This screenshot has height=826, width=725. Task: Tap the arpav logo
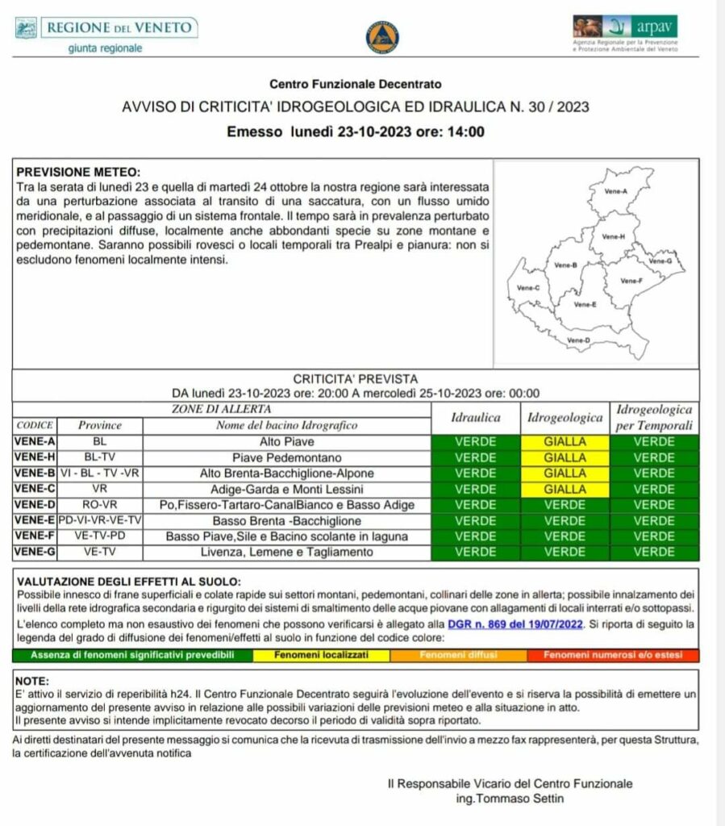click(625, 33)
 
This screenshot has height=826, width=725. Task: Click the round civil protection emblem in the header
click(382, 37)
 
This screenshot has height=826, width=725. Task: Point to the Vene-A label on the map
click(616, 190)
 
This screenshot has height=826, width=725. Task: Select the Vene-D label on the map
click(578, 340)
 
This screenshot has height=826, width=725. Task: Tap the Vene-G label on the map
click(660, 261)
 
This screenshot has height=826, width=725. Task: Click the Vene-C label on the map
click(528, 287)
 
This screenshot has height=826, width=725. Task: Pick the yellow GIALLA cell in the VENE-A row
click(565, 442)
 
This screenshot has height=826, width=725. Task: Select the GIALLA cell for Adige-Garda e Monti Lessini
click(565, 489)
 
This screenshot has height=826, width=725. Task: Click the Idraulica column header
click(476, 418)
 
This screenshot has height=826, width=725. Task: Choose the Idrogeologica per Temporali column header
click(654, 417)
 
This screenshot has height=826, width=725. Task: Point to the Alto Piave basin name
click(286, 442)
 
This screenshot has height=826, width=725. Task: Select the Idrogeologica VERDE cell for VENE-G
click(565, 553)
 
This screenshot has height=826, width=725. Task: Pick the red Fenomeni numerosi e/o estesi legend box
click(613, 655)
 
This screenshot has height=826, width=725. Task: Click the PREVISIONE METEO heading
click(78, 173)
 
